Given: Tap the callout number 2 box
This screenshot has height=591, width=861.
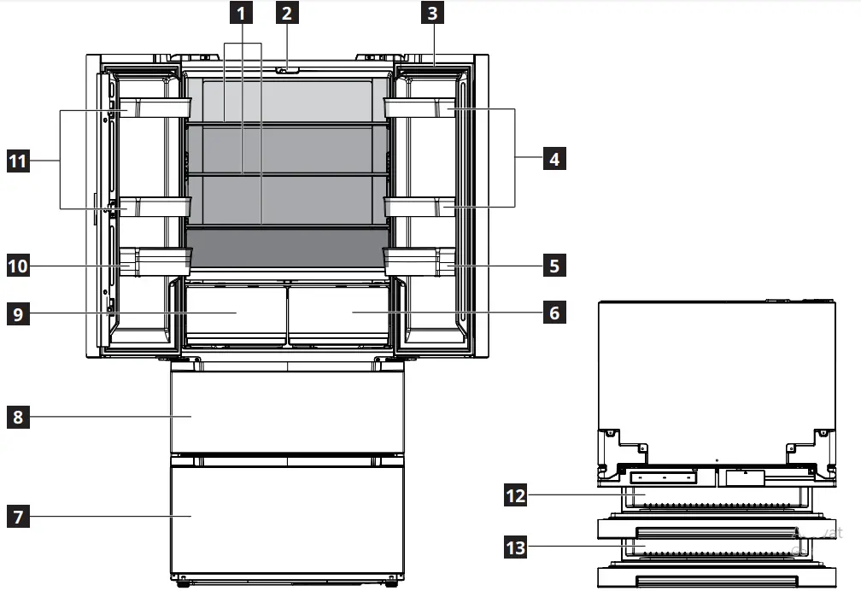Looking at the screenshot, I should (287, 13).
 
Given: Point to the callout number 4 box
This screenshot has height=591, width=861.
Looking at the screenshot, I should (554, 159).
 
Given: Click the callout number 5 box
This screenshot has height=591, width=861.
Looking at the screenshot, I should (554, 266).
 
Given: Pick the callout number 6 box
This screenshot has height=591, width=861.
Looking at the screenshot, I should (554, 313).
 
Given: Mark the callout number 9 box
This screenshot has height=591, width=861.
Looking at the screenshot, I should (18, 313).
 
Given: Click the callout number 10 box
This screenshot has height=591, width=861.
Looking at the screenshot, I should (18, 266).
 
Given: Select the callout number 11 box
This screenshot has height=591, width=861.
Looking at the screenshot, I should (18, 159).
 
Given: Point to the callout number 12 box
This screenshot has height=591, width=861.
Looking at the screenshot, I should (515, 495).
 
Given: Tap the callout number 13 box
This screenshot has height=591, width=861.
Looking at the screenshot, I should (515, 547).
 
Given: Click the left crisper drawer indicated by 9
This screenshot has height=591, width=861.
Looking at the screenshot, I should (235, 313).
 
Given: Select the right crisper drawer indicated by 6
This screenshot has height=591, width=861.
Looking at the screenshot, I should (340, 313).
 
